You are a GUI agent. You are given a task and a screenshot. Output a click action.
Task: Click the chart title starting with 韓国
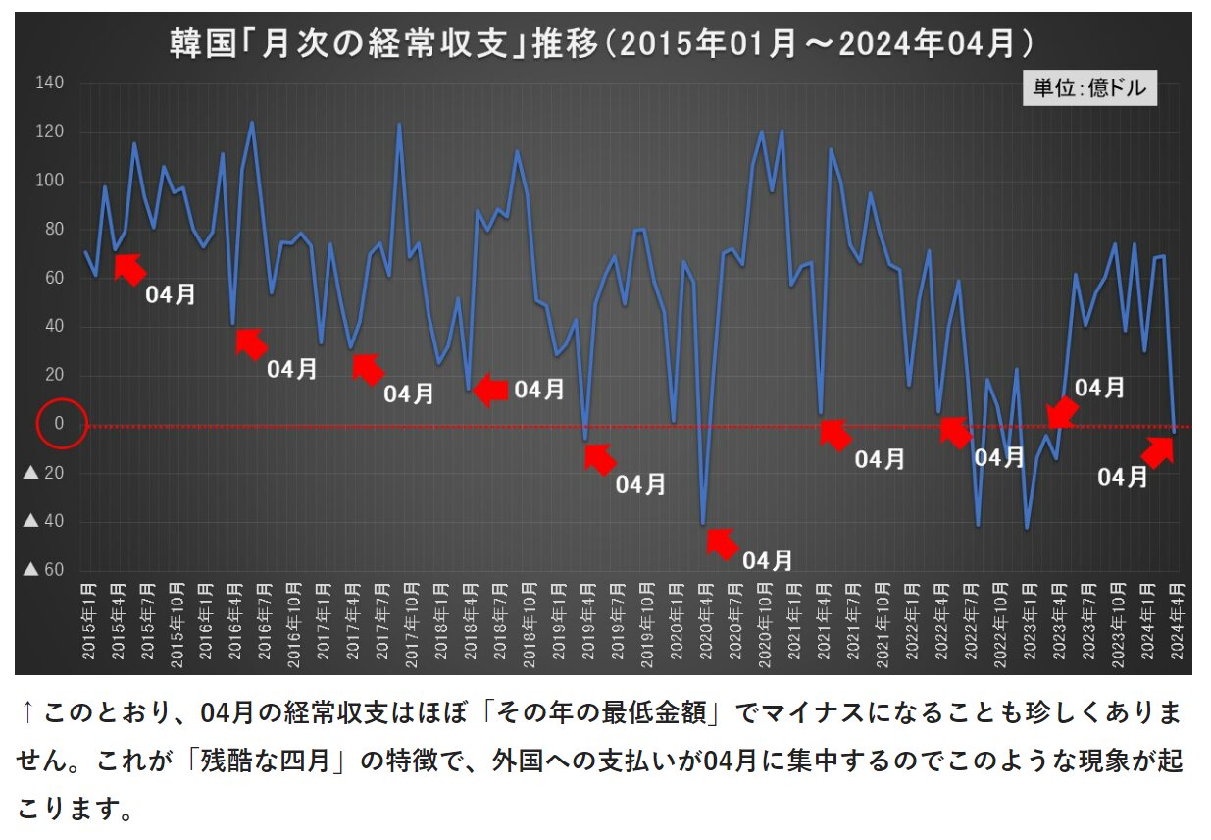click(x=603, y=44)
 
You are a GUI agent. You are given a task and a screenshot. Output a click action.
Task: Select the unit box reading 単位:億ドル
click(x=1089, y=88)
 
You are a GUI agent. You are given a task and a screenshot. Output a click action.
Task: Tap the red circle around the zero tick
click(x=62, y=424)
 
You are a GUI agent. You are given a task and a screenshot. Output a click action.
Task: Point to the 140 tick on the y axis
click(x=50, y=83)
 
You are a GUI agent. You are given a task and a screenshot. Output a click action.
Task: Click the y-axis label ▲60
click(x=44, y=570)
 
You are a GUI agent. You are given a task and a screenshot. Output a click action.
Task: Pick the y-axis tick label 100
click(x=50, y=181)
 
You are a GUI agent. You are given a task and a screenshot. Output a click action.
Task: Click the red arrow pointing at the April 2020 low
click(x=722, y=543)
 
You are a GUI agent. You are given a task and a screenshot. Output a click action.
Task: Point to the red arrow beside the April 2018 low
click(x=490, y=391)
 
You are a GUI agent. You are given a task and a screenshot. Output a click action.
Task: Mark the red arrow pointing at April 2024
click(x=1158, y=451)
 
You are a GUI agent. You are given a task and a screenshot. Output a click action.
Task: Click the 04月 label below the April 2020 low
click(x=767, y=561)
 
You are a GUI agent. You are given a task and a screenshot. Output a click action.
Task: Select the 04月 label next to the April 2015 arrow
click(x=171, y=294)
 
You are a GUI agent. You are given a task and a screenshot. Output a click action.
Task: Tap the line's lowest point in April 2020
click(x=703, y=524)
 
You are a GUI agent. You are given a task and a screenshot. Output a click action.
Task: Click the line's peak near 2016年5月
click(x=252, y=123)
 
